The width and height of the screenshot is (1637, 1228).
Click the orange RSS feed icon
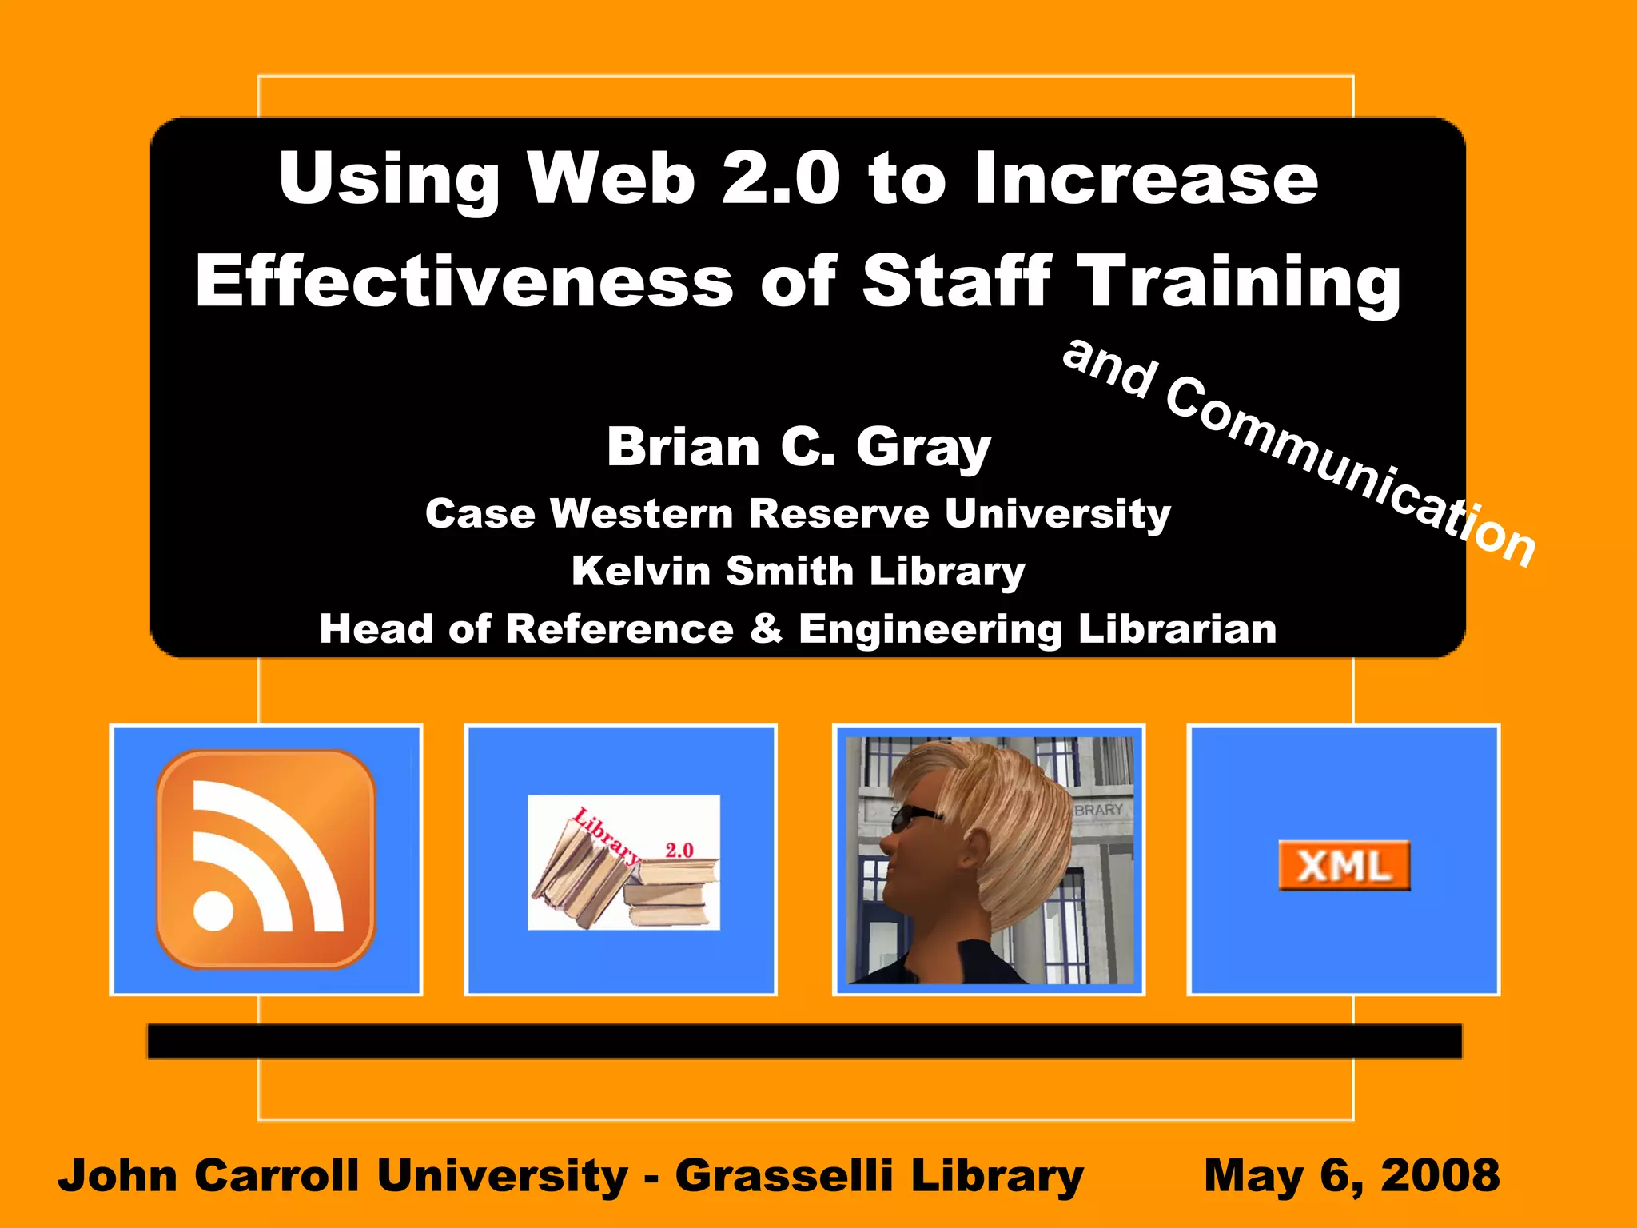tap(265, 859)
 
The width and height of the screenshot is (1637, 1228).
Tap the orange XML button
tap(1344, 866)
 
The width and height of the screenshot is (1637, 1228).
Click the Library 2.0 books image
tap(623, 863)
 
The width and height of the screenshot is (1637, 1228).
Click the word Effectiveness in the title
tap(464, 281)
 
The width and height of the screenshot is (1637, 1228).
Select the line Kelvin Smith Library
tap(799, 571)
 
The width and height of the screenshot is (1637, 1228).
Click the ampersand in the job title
tap(766, 628)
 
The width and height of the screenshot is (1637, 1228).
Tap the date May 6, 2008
tap(1351, 1175)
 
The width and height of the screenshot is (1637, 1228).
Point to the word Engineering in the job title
tap(930, 628)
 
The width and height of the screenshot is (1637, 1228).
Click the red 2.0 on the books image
tap(679, 850)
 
